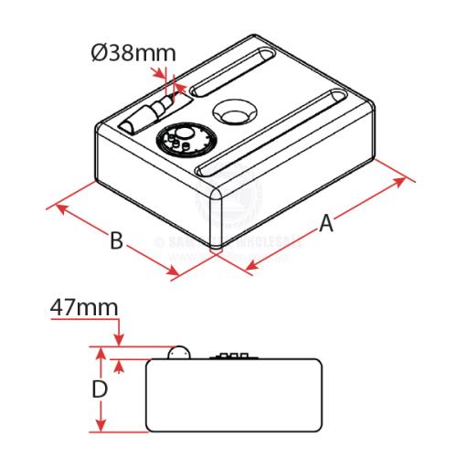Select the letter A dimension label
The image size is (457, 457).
coord(325,223)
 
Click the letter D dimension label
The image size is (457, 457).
coord(101,389)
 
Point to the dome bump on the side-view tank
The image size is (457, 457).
coord(180,352)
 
